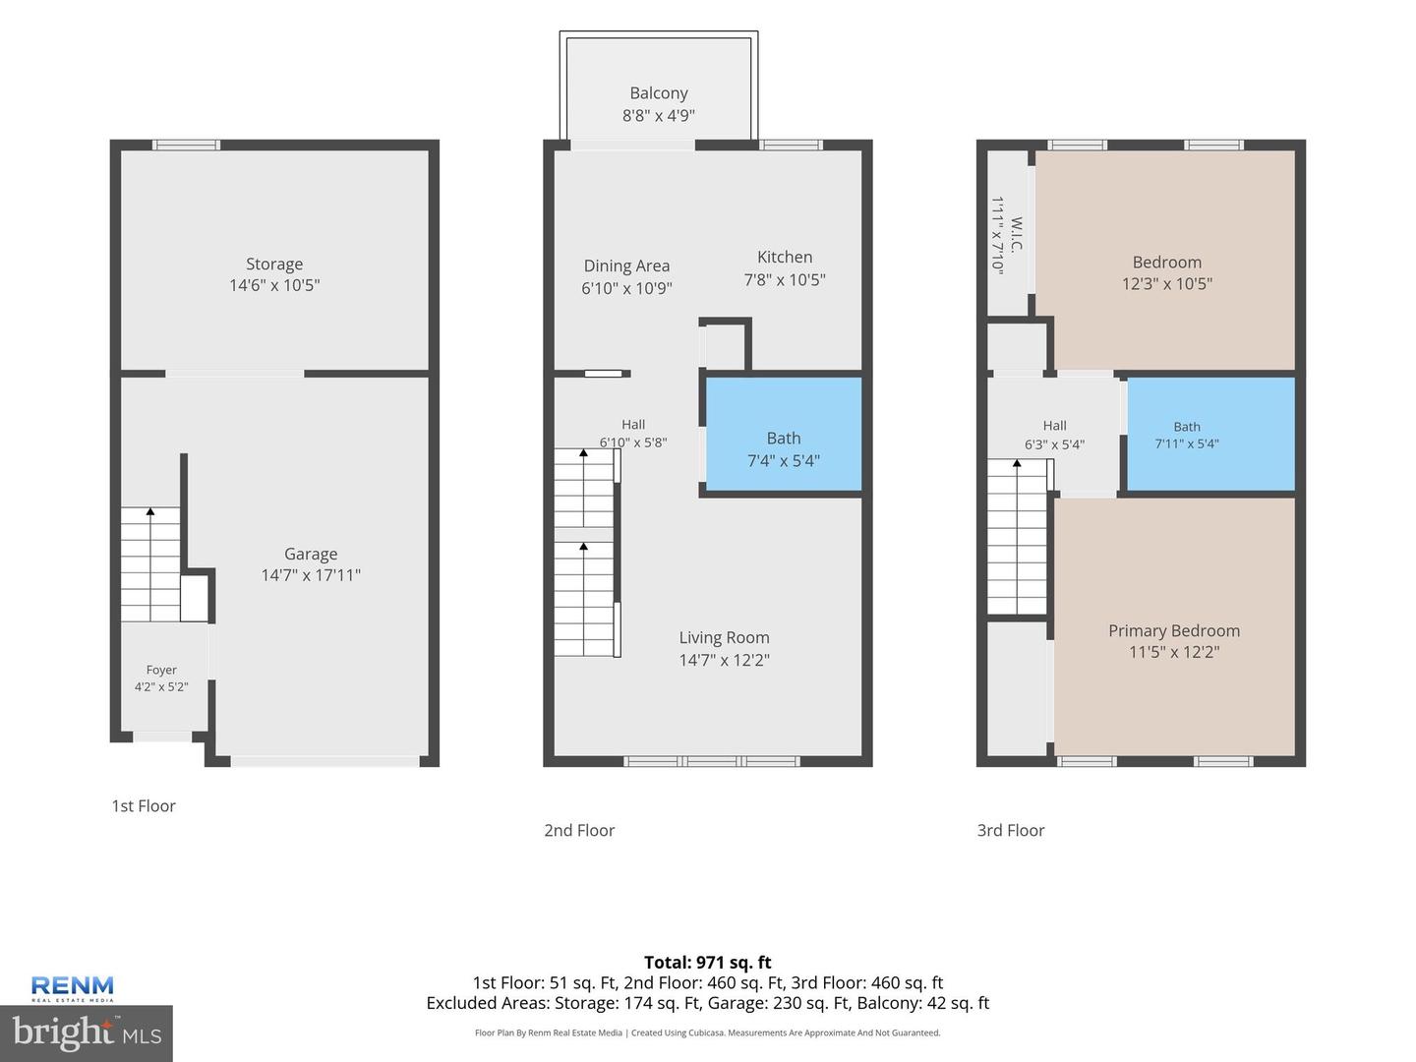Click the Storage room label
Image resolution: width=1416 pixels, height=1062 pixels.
pos(274,264)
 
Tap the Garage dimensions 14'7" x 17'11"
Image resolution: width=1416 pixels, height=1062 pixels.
pos(311,575)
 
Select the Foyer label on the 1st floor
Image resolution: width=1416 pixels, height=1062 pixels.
pos(161,670)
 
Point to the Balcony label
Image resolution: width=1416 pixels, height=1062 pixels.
pos(659,93)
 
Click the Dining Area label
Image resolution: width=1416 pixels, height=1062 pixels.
pos(626,265)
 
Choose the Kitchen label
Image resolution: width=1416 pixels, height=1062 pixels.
pos(785,258)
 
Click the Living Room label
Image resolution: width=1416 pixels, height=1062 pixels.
pos(724,638)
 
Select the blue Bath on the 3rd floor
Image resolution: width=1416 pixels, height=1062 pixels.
pos(1210,434)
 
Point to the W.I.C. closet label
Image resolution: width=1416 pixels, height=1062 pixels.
pos(1016,235)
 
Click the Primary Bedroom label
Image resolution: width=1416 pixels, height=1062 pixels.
pos(1174,630)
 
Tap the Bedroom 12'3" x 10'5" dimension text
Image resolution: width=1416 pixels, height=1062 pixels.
pos(1167,284)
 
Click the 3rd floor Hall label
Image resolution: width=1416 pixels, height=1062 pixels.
pos(1055,426)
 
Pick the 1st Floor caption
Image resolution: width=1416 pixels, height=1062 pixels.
pos(144,806)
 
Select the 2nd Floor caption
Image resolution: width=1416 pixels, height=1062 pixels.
pos(578,831)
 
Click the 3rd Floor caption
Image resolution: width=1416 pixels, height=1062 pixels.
pos(1010,831)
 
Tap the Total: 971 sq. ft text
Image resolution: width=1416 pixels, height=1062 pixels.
pos(708,963)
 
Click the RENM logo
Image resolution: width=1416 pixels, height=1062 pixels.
pos(72,988)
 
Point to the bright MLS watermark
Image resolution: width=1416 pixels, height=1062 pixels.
pos(87,1033)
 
